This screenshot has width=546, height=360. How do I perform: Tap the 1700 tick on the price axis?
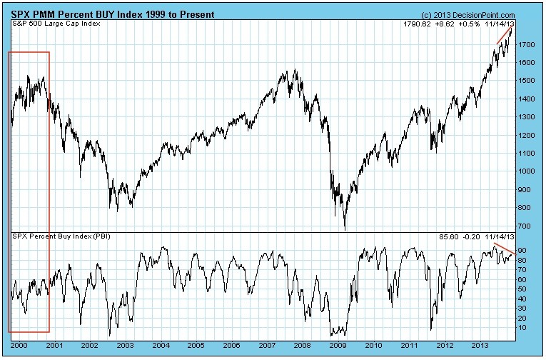(528, 44)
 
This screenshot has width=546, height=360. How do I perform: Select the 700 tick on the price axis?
(526, 226)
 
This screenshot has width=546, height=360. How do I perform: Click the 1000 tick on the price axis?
(528, 171)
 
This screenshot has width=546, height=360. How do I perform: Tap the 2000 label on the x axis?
(19, 344)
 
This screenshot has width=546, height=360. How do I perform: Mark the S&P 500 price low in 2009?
(345, 229)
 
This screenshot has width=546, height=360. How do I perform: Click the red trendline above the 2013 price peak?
(505, 35)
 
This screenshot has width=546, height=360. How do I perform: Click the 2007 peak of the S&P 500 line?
(293, 69)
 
